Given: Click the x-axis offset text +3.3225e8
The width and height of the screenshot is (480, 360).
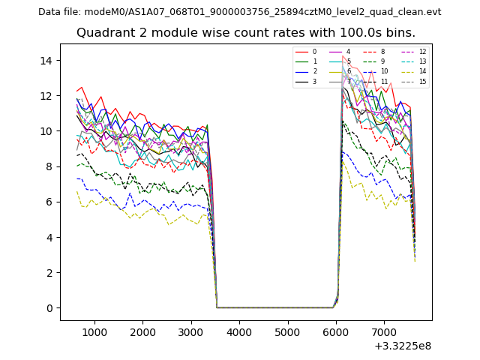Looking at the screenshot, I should point(402,346).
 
